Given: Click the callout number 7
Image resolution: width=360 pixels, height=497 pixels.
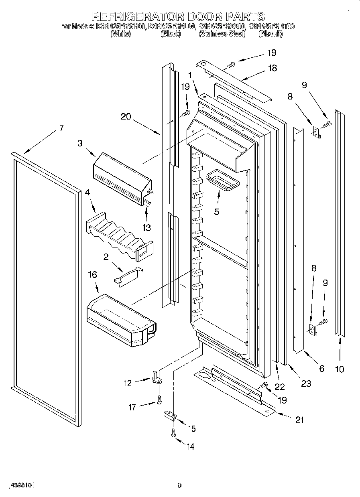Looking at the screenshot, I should click(61, 129).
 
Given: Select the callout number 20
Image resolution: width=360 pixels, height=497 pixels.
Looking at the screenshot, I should click(126, 117).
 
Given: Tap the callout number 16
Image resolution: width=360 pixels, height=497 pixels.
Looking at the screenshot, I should click(92, 274).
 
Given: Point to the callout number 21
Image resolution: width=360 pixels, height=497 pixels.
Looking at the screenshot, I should click(299, 420).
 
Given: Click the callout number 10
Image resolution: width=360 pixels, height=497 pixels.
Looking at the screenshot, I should click(340, 369).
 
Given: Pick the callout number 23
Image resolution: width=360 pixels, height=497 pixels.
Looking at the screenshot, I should click(306, 383).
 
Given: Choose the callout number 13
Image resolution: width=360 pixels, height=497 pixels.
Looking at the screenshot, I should click(146, 228).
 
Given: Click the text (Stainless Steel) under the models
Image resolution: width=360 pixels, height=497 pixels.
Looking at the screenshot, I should click(222, 34).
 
